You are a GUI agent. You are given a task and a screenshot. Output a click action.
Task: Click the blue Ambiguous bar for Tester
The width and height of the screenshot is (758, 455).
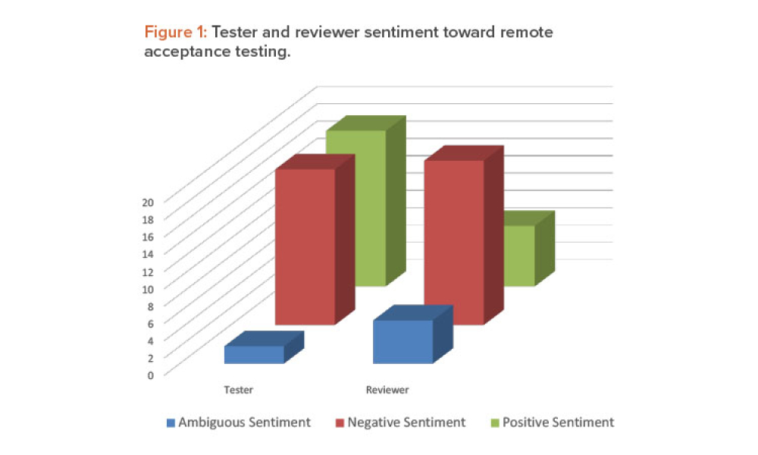(254, 355)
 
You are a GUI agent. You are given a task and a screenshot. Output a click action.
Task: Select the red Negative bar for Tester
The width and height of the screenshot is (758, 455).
(305, 246)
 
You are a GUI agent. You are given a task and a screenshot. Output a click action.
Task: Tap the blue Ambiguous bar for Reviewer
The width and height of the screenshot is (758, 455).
(403, 341)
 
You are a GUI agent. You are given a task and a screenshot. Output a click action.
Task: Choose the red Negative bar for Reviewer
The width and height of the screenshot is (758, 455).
(453, 243)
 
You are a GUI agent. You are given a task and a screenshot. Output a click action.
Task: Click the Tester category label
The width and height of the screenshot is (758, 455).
(239, 391)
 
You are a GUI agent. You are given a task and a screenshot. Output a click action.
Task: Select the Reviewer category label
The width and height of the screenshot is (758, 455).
(387, 391)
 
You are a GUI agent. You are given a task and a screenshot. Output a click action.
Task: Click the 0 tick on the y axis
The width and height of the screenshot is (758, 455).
(150, 375)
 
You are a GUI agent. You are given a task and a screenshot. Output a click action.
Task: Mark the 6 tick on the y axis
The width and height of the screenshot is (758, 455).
(150, 323)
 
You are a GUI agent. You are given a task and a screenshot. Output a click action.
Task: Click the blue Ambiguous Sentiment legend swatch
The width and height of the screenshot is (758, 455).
(170, 422)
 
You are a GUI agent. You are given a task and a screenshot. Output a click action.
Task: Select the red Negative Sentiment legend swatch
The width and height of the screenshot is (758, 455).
(340, 422)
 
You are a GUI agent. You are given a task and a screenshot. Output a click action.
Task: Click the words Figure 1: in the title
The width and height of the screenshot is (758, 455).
(176, 33)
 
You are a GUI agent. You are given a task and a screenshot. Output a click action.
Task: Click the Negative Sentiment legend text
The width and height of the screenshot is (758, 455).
(406, 422)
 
